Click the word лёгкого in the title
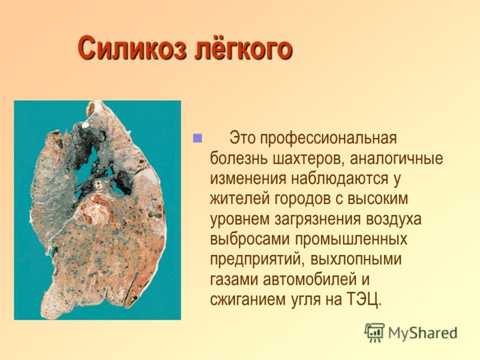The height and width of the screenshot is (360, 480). (244, 47)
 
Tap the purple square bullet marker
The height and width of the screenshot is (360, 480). (197, 138)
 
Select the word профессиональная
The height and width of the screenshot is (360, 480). (328, 139)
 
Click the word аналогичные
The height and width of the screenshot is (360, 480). (397, 159)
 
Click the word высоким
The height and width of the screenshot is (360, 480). (378, 199)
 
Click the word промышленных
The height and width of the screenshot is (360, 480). (352, 239)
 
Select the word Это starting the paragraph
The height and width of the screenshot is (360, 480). (242, 139)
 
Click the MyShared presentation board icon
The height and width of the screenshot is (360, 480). (374, 332)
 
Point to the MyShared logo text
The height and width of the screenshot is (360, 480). (423, 333)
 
